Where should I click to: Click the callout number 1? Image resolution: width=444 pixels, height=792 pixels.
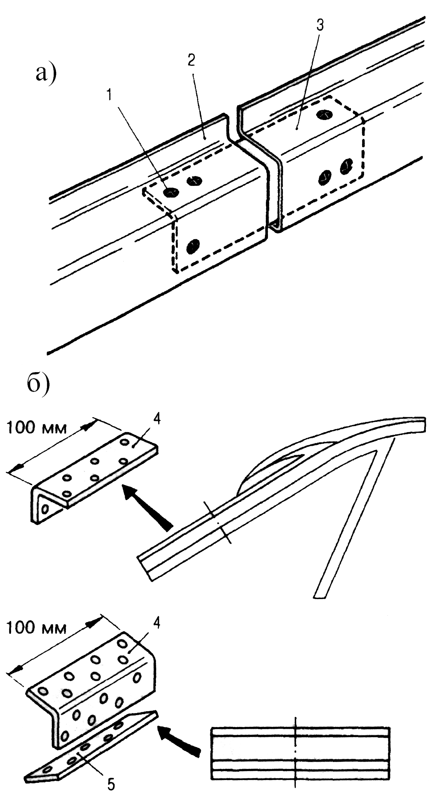[x=110, y=95]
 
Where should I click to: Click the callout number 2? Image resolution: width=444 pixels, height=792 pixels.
[x=191, y=60]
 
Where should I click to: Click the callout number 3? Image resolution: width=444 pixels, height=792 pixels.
[x=320, y=25]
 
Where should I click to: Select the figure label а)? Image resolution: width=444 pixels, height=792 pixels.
[x=46, y=74]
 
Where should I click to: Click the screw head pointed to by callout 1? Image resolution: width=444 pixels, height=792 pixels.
[x=171, y=193]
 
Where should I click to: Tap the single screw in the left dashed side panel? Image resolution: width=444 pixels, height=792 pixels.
[x=193, y=246]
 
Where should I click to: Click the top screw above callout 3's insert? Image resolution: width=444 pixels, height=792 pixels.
[x=325, y=115]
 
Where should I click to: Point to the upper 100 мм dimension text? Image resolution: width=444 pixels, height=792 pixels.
[x=37, y=428]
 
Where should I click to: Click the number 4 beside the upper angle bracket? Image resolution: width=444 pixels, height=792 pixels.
[x=157, y=419]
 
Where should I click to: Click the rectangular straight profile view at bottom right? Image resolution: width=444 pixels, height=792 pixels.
[x=300, y=753]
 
